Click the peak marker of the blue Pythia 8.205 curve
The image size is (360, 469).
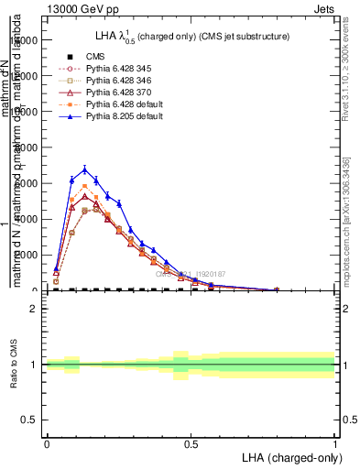coord(85,169)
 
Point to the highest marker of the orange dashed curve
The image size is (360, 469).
coord(85,186)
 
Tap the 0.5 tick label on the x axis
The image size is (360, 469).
coord(191,443)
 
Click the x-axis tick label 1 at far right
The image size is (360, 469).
coord(334,443)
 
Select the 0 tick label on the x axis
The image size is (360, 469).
coord(47,443)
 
